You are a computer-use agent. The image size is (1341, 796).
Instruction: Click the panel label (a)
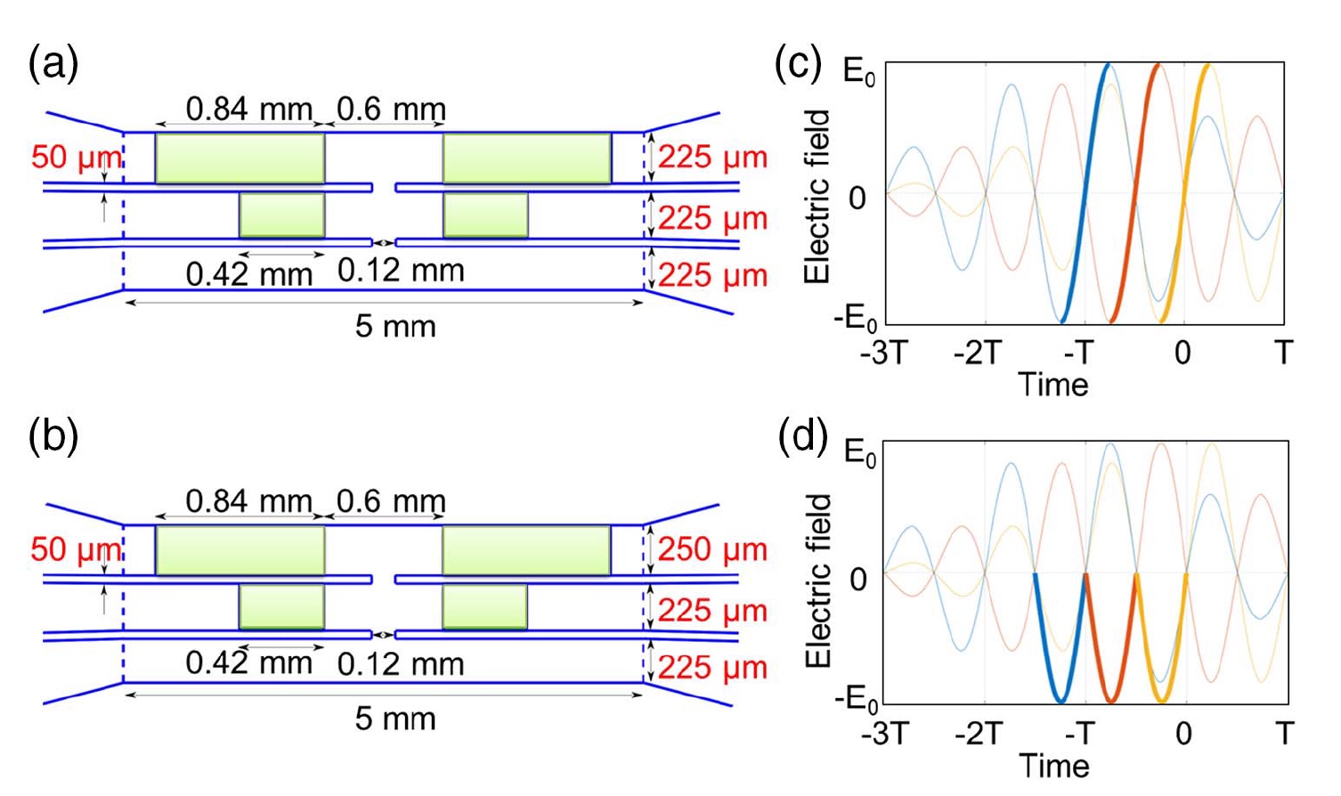(x=53, y=65)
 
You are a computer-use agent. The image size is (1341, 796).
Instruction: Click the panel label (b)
(x=53, y=436)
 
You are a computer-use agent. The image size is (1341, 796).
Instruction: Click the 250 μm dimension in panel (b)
(x=712, y=549)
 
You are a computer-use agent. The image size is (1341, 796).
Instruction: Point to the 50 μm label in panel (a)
(x=76, y=158)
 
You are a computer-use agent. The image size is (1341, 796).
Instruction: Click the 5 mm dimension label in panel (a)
(x=395, y=326)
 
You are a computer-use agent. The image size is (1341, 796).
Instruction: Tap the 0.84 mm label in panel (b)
(x=249, y=501)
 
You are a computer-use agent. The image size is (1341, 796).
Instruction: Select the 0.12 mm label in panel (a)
(x=401, y=271)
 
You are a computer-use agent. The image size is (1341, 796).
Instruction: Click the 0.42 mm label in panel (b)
(x=249, y=663)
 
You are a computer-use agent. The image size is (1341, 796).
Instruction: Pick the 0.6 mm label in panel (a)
(x=391, y=110)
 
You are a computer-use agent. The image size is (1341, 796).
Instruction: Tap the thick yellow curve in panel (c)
(x=1185, y=191)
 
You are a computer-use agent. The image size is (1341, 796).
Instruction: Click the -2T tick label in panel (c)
(x=979, y=353)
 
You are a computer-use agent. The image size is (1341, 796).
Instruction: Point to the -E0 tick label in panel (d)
(x=856, y=699)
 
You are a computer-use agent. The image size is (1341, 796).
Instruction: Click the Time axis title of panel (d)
(x=1053, y=766)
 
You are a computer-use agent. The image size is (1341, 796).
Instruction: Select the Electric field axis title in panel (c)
(x=817, y=196)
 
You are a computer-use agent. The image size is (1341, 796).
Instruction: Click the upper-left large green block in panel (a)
(x=240, y=158)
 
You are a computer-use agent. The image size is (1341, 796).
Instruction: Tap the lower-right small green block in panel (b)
(x=484, y=606)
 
